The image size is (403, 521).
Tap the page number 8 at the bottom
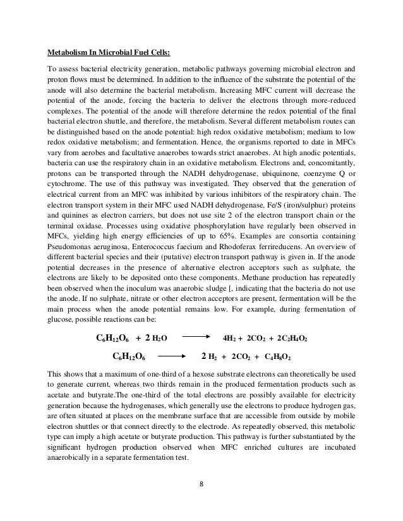[x=201, y=484]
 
